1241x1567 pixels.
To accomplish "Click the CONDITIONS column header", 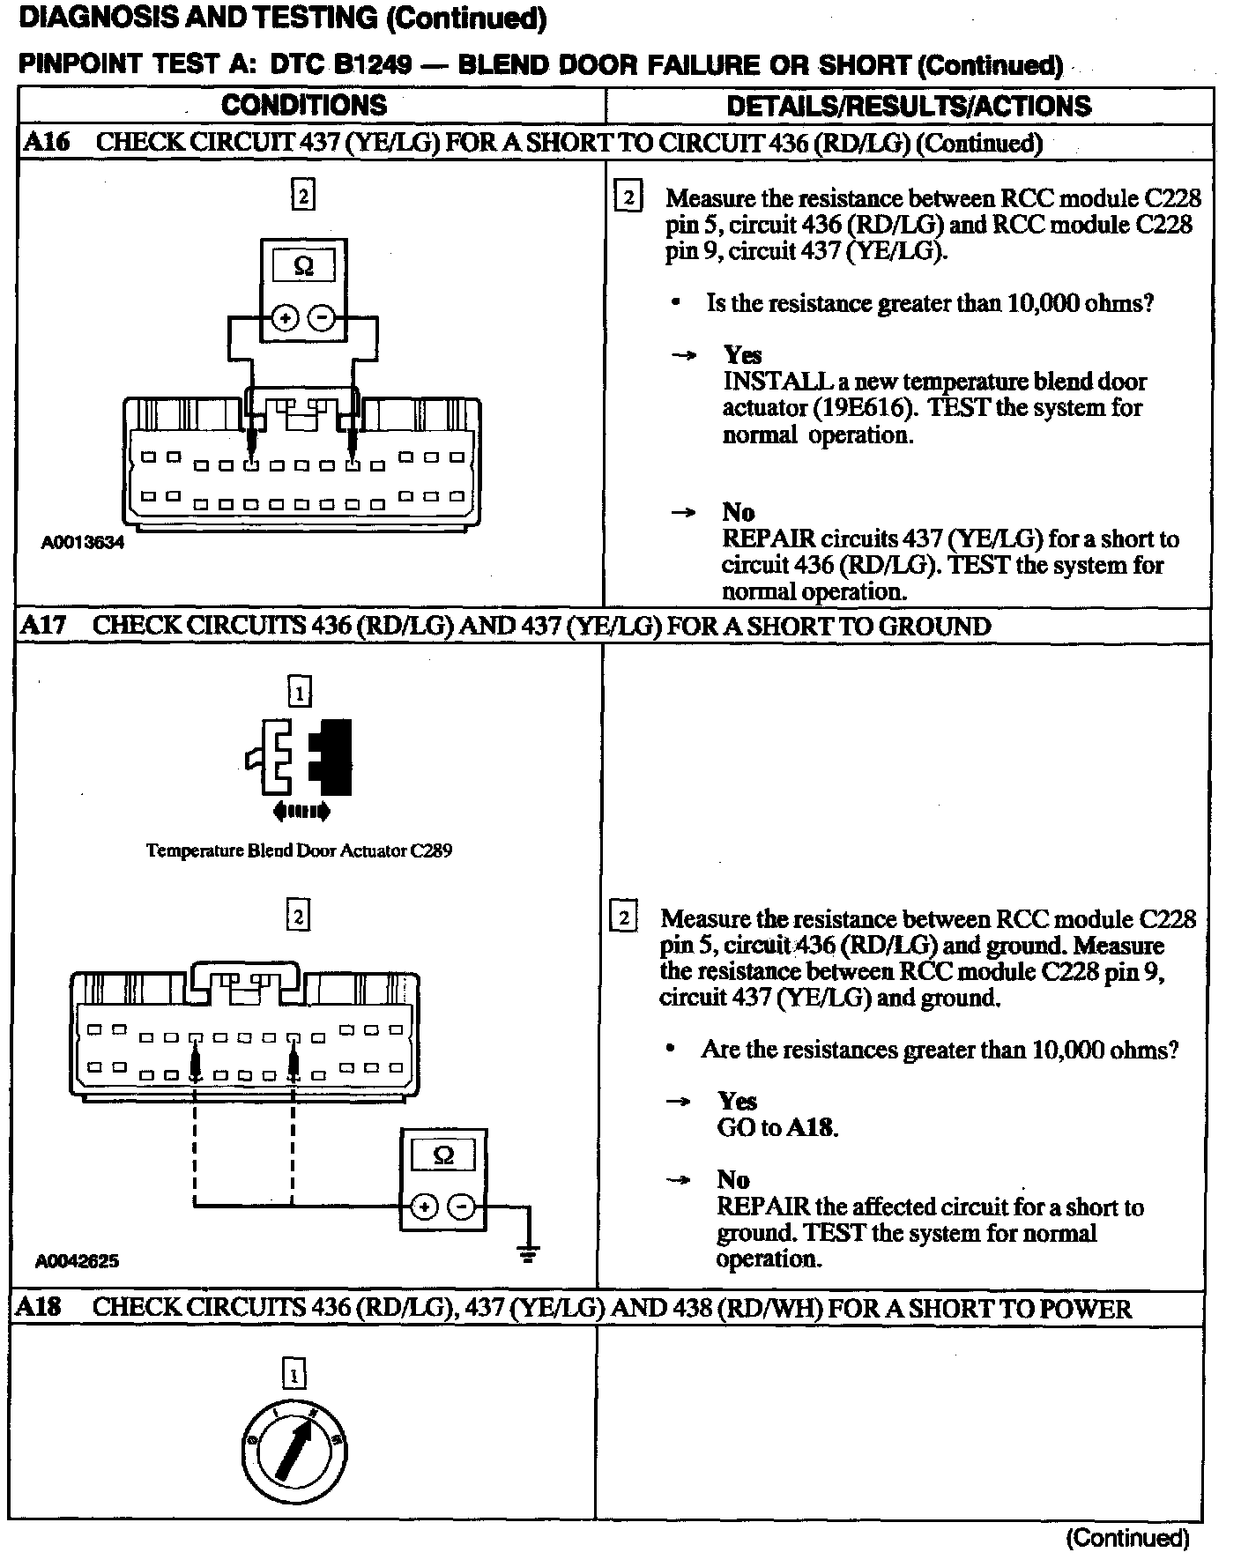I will point(304,106).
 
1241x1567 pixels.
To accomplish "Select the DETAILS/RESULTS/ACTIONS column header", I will point(909,107).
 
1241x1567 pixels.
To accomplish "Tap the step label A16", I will point(47,143).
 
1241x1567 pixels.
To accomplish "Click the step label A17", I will point(43,626).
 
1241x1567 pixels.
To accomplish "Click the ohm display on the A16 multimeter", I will point(303,266).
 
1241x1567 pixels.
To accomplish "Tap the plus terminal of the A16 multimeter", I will point(284,318).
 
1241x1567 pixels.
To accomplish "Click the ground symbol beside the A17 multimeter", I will point(528,1254).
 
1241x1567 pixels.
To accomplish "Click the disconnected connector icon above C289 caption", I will point(300,760).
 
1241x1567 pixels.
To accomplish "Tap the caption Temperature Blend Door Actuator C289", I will point(299,851).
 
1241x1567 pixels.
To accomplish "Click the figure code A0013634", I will point(83,543).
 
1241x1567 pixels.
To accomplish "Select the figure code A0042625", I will point(77,1261).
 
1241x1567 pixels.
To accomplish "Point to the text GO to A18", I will point(777,1127).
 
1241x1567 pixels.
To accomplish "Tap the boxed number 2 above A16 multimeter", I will point(303,196).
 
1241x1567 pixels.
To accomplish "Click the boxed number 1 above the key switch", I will point(294,1375).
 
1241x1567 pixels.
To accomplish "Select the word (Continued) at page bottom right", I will point(1127,1538).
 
